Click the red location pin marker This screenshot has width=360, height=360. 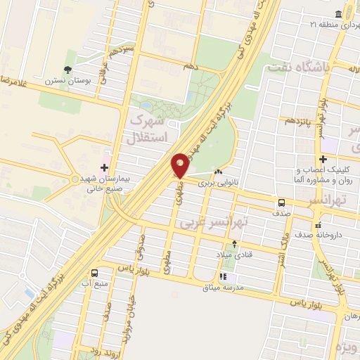pos(180,165)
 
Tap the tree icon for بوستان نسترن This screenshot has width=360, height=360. pos(67,70)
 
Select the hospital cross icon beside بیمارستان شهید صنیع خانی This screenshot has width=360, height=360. pos(105,167)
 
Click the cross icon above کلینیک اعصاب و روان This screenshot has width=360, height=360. pos(323,159)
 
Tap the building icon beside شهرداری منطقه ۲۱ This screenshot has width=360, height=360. pos(340,15)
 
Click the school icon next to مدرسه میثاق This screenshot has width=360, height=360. pos(224,277)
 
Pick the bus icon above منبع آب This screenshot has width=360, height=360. pos(94,273)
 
